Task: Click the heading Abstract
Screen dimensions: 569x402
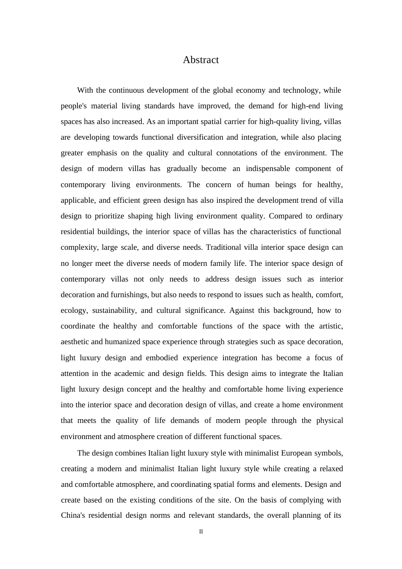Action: coord(201,60)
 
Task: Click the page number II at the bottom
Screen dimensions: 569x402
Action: coord(201,532)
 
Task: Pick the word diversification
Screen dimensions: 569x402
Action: coord(200,137)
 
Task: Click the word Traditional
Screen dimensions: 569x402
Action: coord(232,247)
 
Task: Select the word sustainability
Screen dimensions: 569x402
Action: coord(114,310)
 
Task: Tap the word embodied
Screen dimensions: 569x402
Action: coord(162,358)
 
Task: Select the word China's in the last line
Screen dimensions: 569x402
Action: coord(73,515)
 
